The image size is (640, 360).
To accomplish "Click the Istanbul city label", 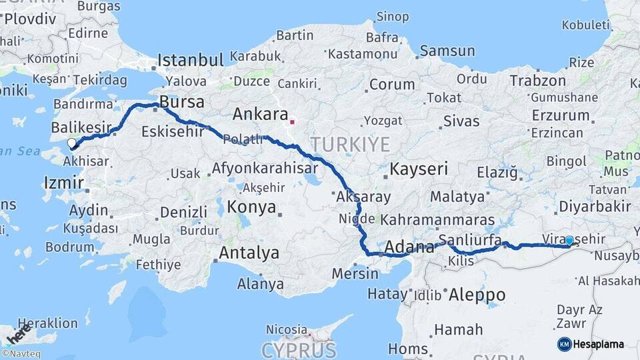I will point(191,61).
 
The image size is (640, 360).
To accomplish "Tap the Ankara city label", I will point(260,114).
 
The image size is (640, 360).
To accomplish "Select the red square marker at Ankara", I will point(291,122).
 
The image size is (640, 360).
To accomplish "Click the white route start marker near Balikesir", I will point(72,143).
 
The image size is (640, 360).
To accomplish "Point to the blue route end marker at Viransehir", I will point(569,240).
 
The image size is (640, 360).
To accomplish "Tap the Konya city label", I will point(251,207).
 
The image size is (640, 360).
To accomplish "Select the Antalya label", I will point(249,253).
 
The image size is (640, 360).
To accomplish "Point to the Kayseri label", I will point(419,169).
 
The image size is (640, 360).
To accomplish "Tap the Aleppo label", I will point(477,295).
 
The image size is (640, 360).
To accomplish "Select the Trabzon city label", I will point(537,81).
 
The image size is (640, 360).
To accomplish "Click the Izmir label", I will point(63,183).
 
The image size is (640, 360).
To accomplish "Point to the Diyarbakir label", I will point(595,206).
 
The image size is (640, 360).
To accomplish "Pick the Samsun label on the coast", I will point(447,51).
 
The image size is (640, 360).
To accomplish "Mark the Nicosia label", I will point(286,329).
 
